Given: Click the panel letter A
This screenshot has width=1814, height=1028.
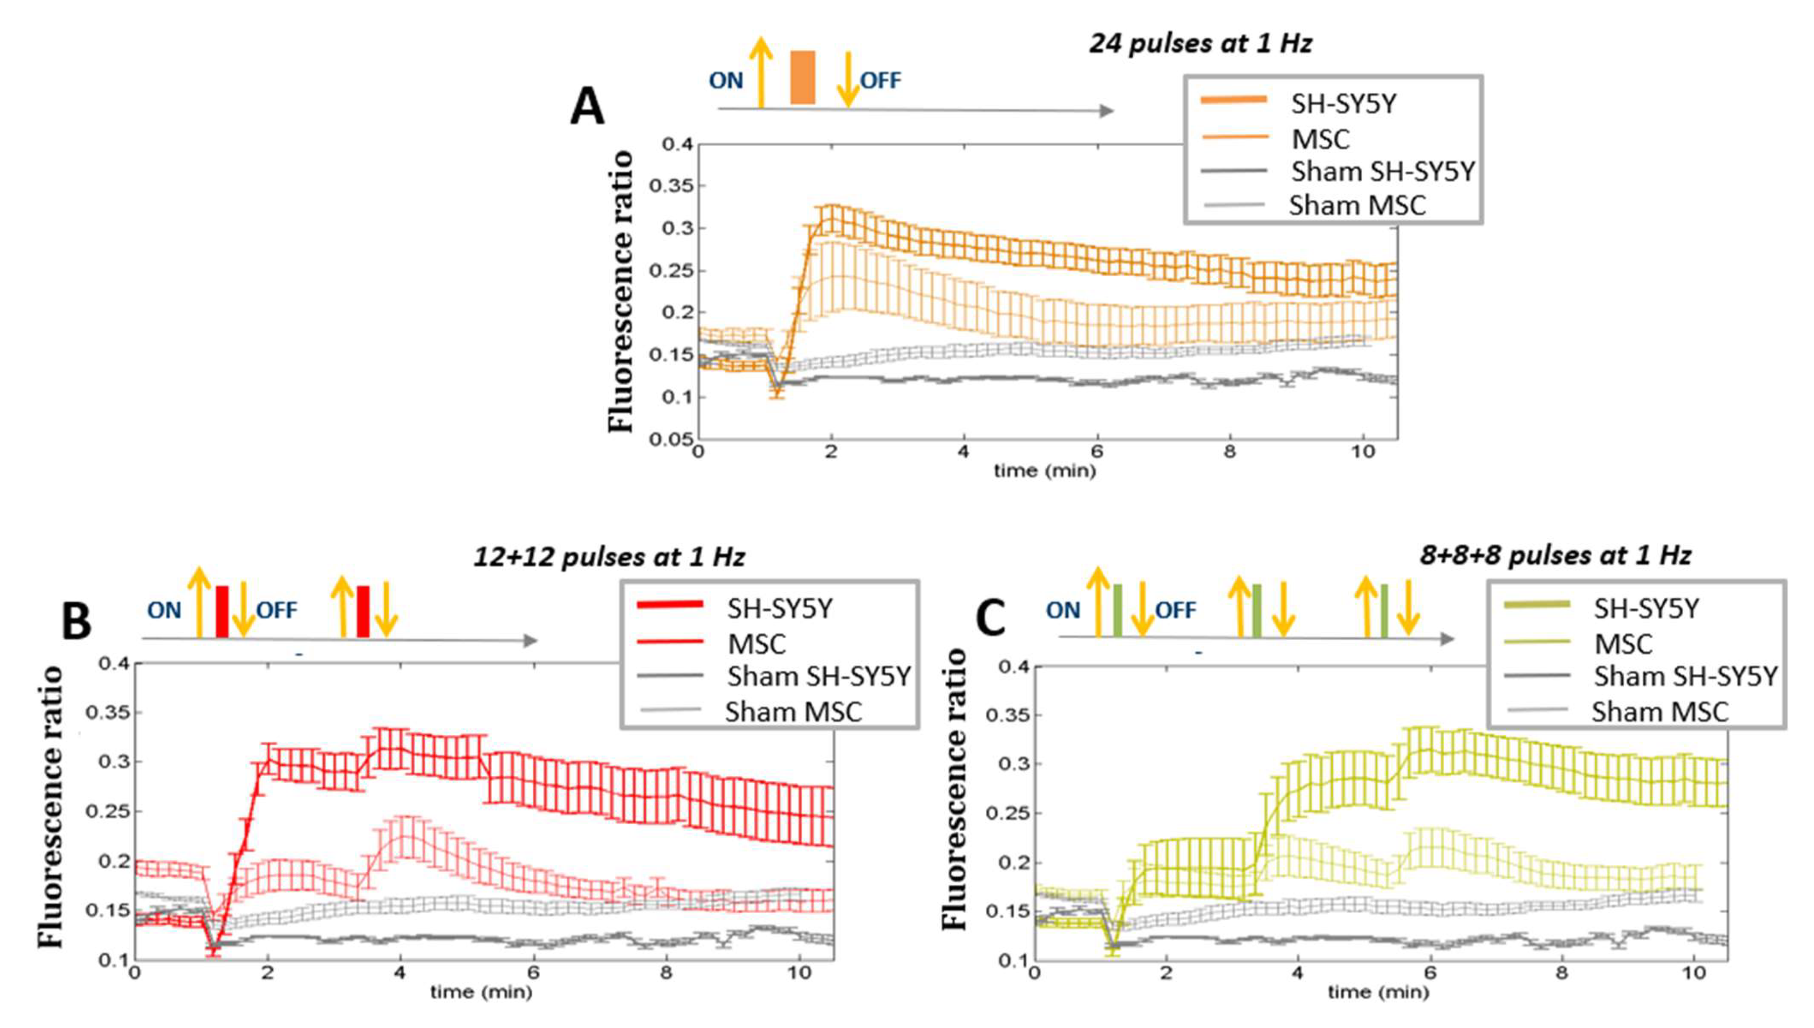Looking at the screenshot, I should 587,108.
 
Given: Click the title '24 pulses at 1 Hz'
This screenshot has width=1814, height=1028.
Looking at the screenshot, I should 1200,44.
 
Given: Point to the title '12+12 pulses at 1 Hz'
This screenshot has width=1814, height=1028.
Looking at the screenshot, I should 609,558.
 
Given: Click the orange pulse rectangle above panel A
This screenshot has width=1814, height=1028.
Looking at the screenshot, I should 802,78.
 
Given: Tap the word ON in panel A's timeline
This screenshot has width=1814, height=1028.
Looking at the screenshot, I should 726,81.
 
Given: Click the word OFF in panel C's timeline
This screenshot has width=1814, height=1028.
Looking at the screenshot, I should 1175,610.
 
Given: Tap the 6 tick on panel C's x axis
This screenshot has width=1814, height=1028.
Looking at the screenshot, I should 1430,973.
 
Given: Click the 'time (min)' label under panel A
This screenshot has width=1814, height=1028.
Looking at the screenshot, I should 1045,470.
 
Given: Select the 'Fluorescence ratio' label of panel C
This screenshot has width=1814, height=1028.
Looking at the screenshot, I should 955,789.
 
